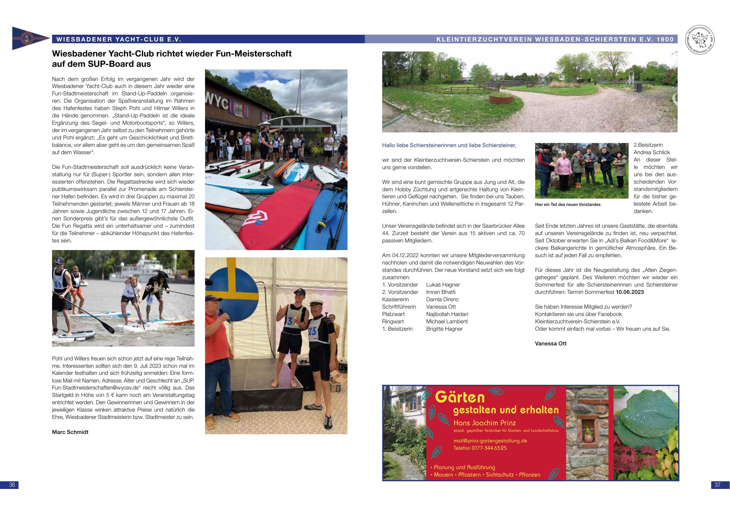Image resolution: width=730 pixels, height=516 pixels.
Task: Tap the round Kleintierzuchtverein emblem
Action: (x=698, y=39)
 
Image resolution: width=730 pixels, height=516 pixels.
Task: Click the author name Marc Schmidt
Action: (x=70, y=432)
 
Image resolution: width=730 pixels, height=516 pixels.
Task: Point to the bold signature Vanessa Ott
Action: (x=551, y=343)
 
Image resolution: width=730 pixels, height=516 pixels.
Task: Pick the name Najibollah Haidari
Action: (x=447, y=314)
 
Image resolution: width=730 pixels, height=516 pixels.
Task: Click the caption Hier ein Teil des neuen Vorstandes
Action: (x=568, y=204)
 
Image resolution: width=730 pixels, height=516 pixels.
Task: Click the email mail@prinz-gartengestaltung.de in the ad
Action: (x=490, y=441)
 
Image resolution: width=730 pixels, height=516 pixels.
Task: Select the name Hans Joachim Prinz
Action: (x=485, y=423)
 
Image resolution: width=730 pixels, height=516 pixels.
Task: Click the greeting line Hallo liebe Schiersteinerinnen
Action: (x=449, y=145)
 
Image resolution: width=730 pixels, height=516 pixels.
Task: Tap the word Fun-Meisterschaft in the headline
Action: (x=254, y=54)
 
